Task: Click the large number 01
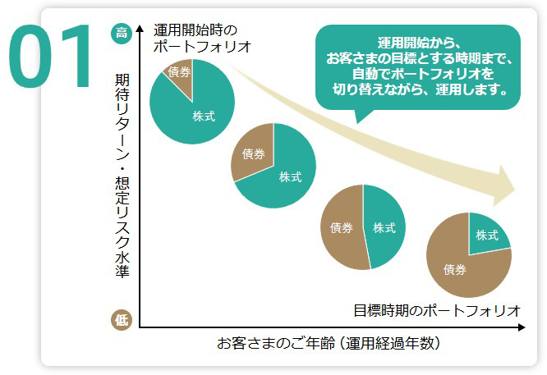(51, 57)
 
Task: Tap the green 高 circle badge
(122, 33)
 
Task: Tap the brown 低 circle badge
(122, 320)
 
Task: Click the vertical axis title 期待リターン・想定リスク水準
(122, 176)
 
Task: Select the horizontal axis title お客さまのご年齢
(329, 343)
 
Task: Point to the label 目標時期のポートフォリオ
(437, 310)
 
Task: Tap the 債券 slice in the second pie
(253, 153)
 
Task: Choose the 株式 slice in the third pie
(384, 227)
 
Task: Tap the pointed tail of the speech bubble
(358, 117)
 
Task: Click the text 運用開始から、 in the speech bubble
(418, 43)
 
